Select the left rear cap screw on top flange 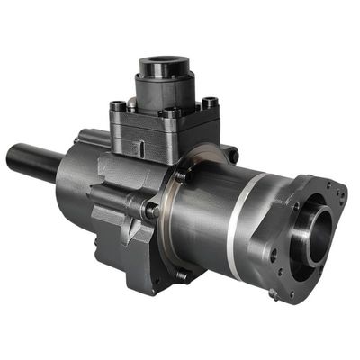click(x=118, y=106)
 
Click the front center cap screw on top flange click(x=168, y=114)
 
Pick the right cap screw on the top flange click(x=210, y=103)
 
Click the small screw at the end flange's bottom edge click(x=273, y=292)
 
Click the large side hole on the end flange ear click(x=274, y=256)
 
